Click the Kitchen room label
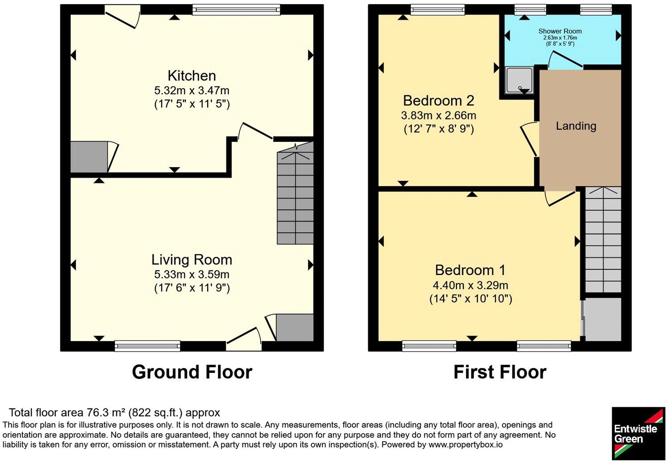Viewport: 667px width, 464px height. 192,76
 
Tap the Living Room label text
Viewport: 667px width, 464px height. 192,260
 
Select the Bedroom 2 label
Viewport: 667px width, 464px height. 438,101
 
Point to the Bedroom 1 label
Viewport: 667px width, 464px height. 471,270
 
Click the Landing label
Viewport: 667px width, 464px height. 576,126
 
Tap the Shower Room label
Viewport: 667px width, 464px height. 560,31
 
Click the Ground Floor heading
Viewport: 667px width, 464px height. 192,372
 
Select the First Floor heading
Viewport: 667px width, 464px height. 500,372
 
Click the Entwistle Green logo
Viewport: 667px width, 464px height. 638,434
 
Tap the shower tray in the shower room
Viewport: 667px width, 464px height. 520,80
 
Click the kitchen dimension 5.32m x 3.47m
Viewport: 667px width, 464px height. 192,90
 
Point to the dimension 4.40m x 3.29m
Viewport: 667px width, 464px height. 471,285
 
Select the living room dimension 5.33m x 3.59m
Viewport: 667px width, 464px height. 192,274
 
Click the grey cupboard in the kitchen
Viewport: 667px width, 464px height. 89,157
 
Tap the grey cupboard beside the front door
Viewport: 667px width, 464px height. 295,327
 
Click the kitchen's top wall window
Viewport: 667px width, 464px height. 236,9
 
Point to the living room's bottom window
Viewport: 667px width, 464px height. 147,346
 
